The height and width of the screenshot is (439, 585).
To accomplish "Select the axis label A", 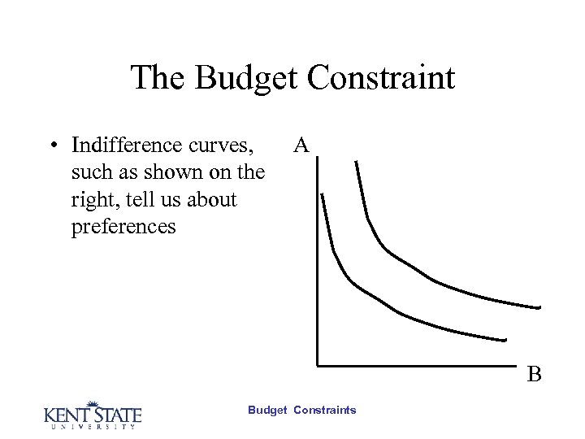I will click(301, 146).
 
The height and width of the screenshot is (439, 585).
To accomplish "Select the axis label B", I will click(534, 375).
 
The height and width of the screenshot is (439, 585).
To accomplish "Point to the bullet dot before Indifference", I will click(51, 147).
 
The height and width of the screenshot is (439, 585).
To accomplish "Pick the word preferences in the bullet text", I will click(123, 226).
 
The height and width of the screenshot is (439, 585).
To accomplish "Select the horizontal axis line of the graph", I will click(422, 363).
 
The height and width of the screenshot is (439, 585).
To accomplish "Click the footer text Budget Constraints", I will click(301, 411).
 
